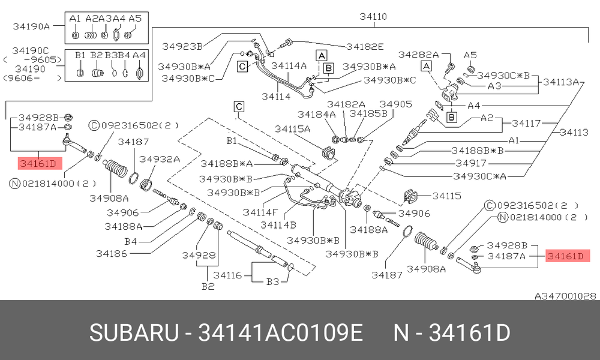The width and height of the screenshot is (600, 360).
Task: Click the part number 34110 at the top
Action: click(x=373, y=16)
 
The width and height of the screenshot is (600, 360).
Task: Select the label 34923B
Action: click(x=182, y=47)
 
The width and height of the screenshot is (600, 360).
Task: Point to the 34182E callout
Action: click(x=365, y=47)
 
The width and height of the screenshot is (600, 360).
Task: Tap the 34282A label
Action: click(x=418, y=55)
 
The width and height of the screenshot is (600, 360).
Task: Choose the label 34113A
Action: click(x=561, y=82)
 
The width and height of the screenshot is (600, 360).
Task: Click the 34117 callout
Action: click(x=526, y=123)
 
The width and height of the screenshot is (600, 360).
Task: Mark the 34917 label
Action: click(x=470, y=163)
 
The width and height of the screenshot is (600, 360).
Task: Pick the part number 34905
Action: click(x=395, y=104)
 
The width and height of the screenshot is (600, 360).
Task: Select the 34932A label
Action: click(x=159, y=159)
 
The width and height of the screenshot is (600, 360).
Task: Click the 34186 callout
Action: click(x=112, y=253)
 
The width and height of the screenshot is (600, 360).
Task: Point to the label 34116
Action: click(x=227, y=275)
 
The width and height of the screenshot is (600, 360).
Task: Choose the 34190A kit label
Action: click(x=31, y=26)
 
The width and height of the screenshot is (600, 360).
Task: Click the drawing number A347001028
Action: click(x=565, y=296)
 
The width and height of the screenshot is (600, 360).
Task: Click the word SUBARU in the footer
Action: click(x=134, y=333)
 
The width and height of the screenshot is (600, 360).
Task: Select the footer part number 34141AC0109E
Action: click(x=280, y=333)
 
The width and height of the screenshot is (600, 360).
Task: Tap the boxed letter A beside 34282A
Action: click(x=426, y=66)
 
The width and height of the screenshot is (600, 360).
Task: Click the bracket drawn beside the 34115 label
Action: click(x=410, y=196)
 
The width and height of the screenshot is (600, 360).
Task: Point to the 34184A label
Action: click(x=316, y=114)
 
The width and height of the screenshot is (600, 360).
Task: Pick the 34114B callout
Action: click(x=278, y=225)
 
